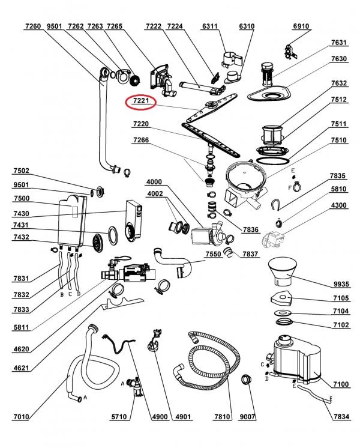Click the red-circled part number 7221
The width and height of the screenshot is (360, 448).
141,100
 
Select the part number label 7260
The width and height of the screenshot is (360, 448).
33,26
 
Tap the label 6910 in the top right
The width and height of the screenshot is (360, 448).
301,26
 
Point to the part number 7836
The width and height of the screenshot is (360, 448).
250,229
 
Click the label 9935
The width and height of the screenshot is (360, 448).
341,284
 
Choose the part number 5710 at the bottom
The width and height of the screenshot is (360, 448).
119,417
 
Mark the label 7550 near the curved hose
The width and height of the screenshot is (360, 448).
213,253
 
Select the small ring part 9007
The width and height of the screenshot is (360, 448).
247,380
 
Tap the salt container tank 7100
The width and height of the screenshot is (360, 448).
297,360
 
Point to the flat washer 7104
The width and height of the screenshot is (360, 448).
283,312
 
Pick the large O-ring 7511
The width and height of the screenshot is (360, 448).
272,160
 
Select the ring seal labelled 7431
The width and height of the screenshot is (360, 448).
113,235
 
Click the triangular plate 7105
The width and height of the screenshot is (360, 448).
281,298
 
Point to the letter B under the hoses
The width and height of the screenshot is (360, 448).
62,295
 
